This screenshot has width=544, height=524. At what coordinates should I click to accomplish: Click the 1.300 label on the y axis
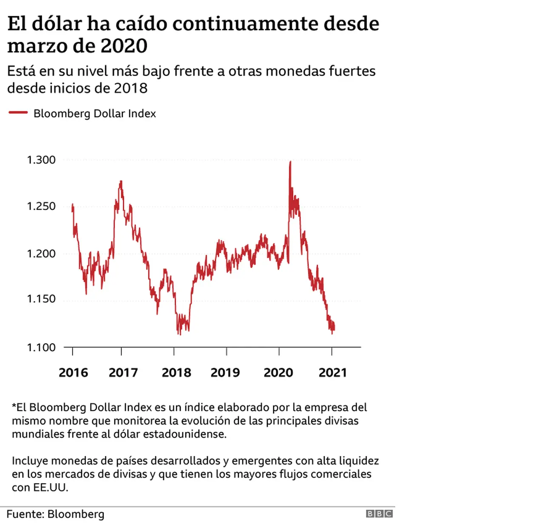point(41,160)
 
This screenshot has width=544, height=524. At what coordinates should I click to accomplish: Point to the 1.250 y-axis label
point(41,206)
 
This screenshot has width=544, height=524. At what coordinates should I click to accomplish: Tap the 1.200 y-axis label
point(41,254)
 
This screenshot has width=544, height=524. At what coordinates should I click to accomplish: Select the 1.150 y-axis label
point(41,299)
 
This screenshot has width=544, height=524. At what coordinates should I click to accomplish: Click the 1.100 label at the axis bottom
point(41,347)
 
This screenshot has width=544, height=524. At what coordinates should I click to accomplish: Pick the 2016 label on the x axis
point(73,372)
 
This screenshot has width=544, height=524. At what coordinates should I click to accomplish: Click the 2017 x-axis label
point(123,372)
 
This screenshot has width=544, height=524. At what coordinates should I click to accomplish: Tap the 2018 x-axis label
point(176,372)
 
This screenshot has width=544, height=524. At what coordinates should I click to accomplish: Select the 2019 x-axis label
point(225,372)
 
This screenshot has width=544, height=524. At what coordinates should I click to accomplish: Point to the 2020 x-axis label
point(278,372)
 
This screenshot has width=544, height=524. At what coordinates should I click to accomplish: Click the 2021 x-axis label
point(333,372)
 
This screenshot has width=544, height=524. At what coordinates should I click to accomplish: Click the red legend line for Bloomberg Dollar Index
point(18,113)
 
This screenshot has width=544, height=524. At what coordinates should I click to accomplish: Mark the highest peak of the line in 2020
point(290,162)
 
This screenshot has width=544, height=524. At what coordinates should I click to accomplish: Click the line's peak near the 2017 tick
point(121,181)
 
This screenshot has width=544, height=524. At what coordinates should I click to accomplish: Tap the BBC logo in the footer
point(380,514)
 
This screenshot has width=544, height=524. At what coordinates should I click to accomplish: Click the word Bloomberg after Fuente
point(76,514)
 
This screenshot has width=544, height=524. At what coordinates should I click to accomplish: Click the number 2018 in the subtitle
point(130,88)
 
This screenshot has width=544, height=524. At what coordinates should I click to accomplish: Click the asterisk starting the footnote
point(14,405)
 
